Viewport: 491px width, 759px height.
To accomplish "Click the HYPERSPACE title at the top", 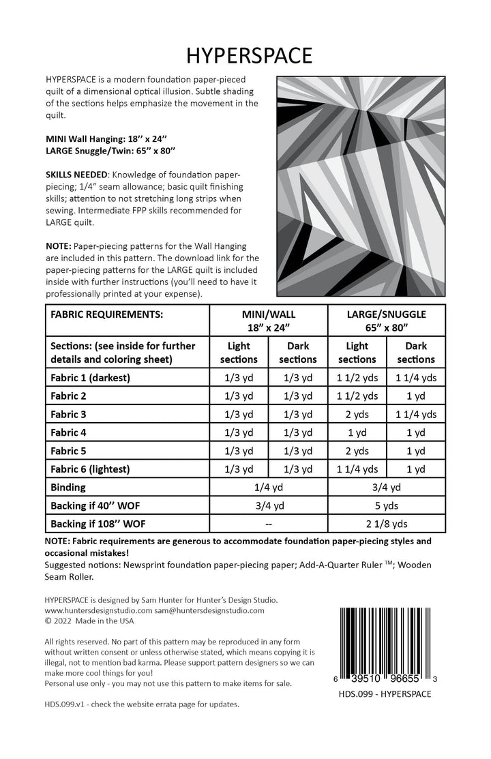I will click(245, 54).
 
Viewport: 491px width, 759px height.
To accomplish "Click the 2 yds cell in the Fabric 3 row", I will click(357, 414).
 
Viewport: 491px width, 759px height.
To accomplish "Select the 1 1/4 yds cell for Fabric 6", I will click(357, 469).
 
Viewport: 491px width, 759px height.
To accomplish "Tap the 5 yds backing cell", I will click(386, 506).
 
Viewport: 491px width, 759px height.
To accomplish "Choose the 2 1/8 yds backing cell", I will click(386, 524).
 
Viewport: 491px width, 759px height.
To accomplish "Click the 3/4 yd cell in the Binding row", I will click(386, 488).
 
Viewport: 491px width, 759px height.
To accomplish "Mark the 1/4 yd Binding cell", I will click(268, 488).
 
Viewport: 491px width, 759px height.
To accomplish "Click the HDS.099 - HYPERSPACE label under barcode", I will click(386, 694).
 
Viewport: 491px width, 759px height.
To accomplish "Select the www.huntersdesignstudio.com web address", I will click(98, 610).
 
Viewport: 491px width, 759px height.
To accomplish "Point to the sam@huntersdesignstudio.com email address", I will click(209, 610).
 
